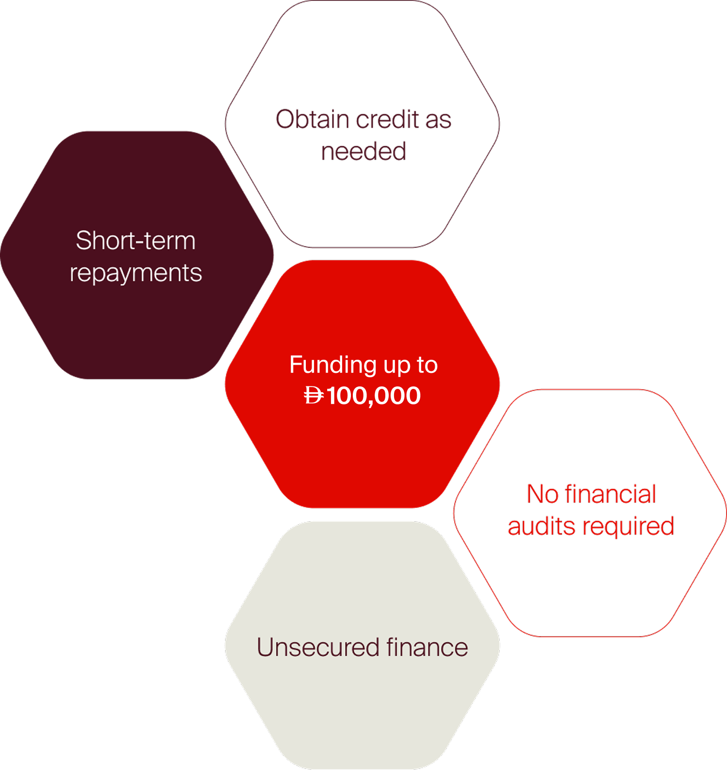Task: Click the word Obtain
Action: tap(313, 119)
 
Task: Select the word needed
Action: tap(363, 151)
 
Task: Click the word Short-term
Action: tap(136, 241)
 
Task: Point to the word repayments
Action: tap(136, 273)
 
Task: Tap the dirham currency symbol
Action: tap(314, 396)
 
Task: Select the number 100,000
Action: tap(374, 396)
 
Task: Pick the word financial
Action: tap(610, 494)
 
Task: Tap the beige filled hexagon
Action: tap(363, 707)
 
